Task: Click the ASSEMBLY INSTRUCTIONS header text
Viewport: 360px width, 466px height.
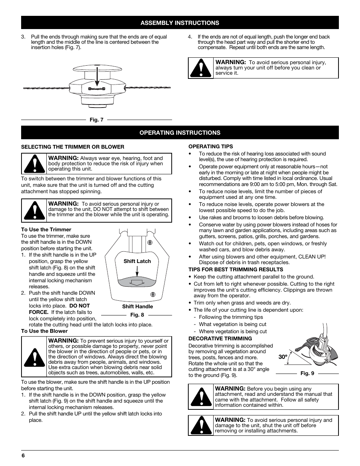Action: click(x=180, y=23)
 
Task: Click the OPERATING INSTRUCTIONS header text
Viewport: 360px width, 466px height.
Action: click(x=180, y=133)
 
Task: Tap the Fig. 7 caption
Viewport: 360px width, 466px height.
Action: click(x=96, y=120)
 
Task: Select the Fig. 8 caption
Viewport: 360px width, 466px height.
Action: click(x=137, y=315)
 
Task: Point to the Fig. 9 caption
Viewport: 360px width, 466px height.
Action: click(x=307, y=374)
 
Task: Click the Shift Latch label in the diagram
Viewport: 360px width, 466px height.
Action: click(x=137, y=261)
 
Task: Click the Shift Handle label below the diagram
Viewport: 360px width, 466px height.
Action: click(x=137, y=307)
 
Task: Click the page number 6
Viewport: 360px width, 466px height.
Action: click(x=23, y=455)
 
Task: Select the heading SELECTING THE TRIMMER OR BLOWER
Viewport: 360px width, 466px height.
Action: click(x=72, y=147)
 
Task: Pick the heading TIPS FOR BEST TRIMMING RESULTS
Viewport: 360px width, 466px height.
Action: click(x=235, y=269)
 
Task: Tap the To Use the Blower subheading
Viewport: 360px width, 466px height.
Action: click(x=44, y=331)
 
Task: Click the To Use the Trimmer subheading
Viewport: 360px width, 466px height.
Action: click(x=46, y=229)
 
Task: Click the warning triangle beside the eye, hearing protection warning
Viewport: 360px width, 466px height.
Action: click(x=34, y=164)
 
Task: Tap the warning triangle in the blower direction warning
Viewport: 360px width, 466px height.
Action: click(x=34, y=357)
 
